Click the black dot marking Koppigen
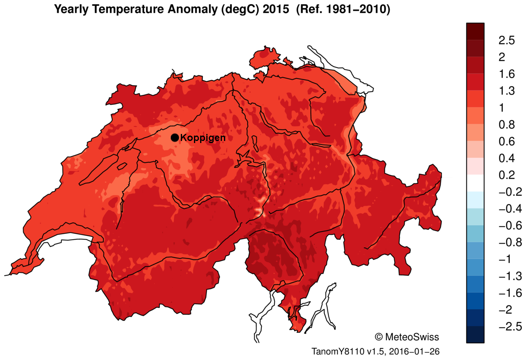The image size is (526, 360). click(175, 137)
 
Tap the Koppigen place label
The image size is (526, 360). click(203, 138)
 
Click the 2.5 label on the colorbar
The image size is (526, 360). click(507, 40)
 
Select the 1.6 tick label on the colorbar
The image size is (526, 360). click(507, 74)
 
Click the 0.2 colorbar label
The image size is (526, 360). click(507, 175)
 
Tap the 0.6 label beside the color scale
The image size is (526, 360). click(507, 141)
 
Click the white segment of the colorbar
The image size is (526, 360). click(475, 183)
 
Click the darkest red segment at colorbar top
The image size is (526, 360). click(475, 31)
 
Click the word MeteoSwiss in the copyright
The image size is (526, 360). click(412, 337)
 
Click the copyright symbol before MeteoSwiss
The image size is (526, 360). click(379, 337)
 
